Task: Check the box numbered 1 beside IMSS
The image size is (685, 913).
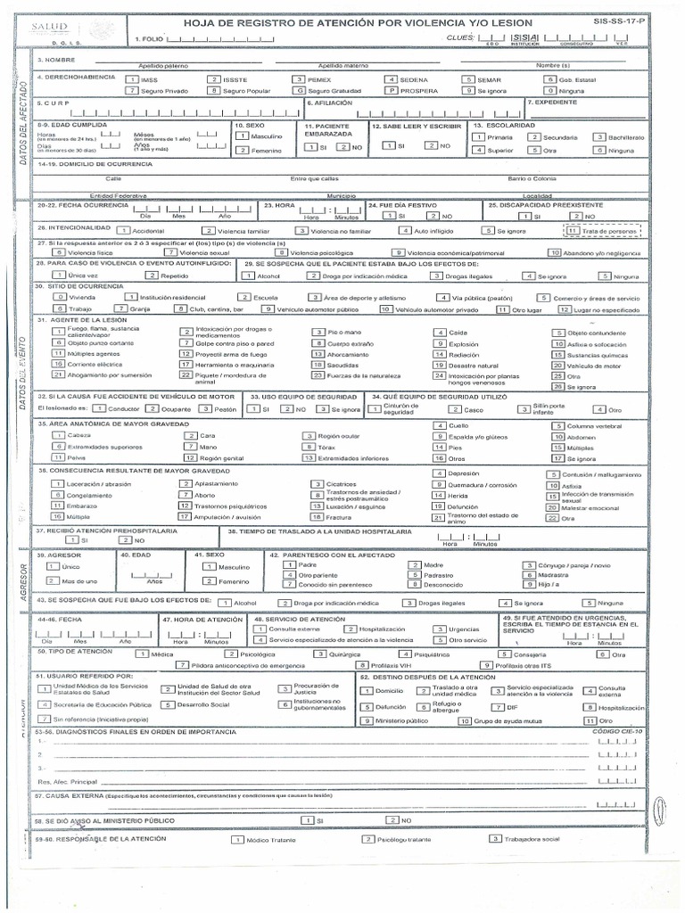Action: click(x=131, y=79)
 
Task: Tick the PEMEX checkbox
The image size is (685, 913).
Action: click(x=300, y=79)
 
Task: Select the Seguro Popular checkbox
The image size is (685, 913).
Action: click(x=214, y=90)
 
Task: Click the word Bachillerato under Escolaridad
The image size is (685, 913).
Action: click(x=627, y=137)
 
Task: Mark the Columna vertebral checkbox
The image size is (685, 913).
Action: click(x=558, y=426)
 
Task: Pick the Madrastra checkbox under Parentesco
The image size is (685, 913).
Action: click(x=529, y=575)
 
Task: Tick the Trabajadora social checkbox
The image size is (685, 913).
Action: click(x=494, y=839)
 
